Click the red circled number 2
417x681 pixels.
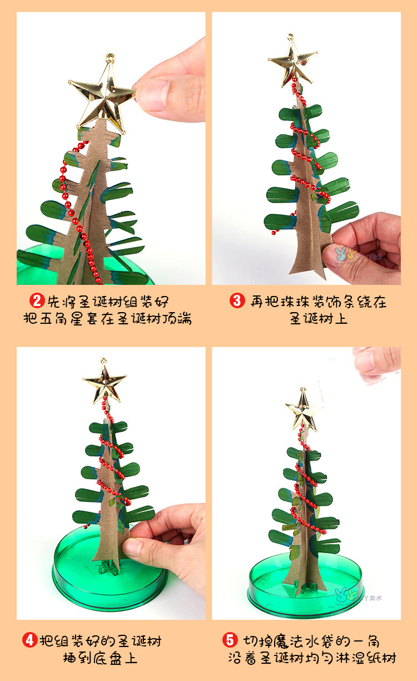37,302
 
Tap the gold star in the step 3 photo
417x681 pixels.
292,63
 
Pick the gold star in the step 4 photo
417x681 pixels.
104,383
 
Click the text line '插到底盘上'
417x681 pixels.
100,659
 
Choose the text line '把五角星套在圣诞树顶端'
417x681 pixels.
107,319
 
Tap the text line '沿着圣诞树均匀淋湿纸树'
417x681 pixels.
312,659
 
